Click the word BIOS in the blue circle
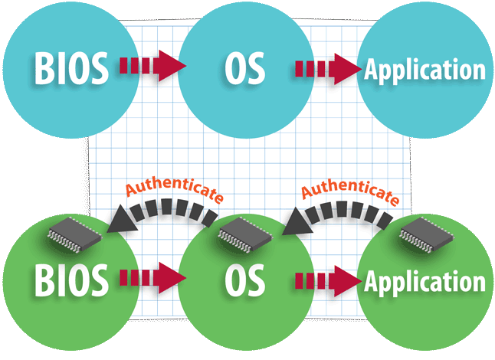click(72, 68)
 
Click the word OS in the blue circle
click(245, 68)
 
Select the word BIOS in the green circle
click(72, 280)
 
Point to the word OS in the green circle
click(245, 280)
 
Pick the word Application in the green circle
click(425, 283)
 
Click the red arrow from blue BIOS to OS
click(152, 66)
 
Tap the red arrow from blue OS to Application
click(328, 69)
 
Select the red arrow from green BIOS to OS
click(152, 278)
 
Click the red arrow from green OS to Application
click(328, 281)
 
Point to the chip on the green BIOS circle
click(75, 234)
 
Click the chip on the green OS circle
click(246, 234)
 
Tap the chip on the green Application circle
click(427, 235)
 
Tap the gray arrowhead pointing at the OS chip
click(297, 222)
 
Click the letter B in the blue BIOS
click(44, 68)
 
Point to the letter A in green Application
click(373, 281)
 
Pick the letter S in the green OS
click(256, 280)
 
